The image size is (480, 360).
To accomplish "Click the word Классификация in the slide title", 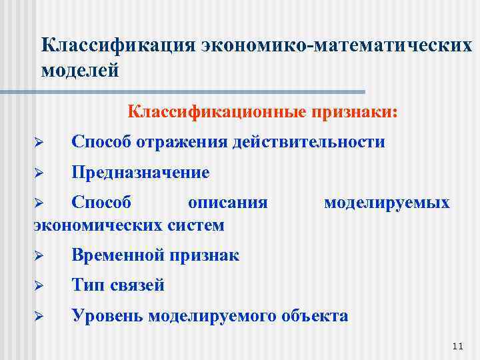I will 117,46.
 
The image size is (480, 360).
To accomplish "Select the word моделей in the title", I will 80,69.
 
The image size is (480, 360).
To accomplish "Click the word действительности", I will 309,141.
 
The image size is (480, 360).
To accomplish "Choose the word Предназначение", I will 141,173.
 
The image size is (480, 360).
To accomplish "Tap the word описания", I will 228,202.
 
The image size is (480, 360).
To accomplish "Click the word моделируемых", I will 387,202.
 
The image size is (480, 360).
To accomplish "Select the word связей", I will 138,285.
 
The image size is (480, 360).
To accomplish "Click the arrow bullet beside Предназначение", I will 39,173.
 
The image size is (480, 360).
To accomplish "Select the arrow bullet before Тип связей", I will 39,286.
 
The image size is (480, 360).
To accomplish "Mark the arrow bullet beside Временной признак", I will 39,255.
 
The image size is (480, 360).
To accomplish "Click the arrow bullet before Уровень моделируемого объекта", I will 39,316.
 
